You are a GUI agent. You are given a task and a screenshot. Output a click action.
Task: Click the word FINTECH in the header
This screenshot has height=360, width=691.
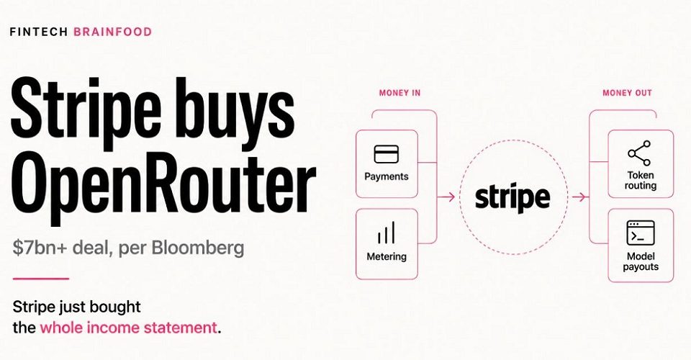click(38, 32)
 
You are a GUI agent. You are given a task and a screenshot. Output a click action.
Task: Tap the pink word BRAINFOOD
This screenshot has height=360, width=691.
click(113, 32)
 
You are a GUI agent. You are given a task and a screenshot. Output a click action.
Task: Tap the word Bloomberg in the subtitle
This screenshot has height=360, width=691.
click(198, 248)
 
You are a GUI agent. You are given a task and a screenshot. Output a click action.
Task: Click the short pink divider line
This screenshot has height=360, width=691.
click(41, 279)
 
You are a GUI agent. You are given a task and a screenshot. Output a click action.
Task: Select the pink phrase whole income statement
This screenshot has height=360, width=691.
click(128, 328)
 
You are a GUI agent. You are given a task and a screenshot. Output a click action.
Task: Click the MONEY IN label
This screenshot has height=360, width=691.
click(399, 93)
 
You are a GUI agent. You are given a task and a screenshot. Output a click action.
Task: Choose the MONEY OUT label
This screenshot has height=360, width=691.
click(627, 93)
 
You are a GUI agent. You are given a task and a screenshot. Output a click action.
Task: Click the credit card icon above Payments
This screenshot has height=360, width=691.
click(386, 154)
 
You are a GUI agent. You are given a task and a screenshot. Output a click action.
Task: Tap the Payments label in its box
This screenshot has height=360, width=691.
click(387, 176)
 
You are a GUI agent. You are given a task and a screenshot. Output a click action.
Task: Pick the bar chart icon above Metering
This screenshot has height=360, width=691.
click(386, 233)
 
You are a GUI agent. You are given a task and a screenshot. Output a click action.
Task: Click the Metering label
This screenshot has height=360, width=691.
click(387, 256)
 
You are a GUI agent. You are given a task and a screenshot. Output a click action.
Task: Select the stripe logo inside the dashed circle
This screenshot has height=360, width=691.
click(512, 197)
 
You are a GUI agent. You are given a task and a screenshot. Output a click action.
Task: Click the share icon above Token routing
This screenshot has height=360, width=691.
click(640, 153)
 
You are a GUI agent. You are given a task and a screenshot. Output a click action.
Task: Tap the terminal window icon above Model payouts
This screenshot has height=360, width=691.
click(641, 233)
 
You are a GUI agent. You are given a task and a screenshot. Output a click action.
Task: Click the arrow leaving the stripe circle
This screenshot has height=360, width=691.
click(580, 197)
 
